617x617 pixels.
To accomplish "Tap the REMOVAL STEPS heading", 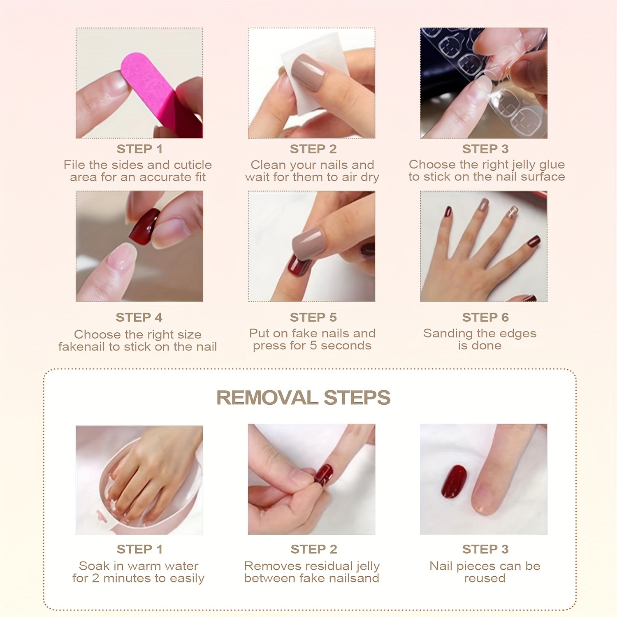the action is pos(303,398).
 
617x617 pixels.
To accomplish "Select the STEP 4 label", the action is pos(139,318).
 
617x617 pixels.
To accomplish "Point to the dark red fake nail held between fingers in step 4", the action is pos(144,226).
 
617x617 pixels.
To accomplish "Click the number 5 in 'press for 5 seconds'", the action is pos(313,346).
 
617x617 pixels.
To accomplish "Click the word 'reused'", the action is pos(485,578).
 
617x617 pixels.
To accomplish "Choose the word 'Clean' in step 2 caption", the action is pos(268,165).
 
